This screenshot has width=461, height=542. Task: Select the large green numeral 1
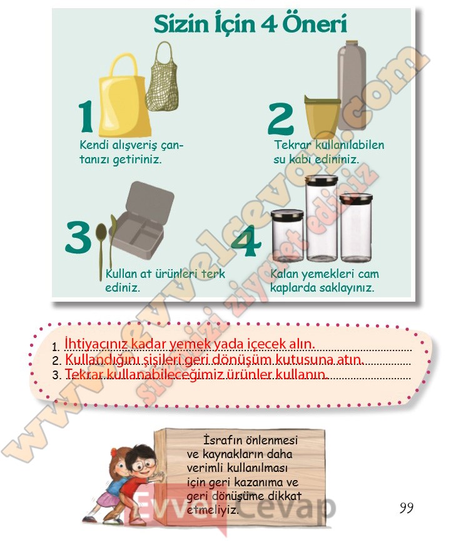[86, 116]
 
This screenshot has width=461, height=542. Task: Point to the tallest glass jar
[322, 218]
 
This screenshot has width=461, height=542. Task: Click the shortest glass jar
[287, 235]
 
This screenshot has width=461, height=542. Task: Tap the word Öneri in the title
[315, 24]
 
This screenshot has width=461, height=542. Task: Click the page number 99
[407, 508]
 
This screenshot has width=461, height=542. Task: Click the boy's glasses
[141, 465]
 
